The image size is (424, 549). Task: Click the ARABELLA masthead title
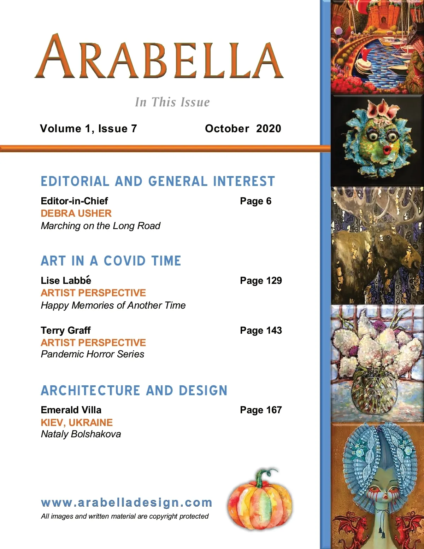click(x=159, y=57)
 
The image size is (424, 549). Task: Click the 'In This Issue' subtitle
click(x=172, y=102)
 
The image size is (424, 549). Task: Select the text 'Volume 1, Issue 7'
click(x=88, y=128)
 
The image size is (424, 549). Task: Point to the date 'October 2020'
click(x=243, y=128)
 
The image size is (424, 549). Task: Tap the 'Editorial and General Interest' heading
click(x=158, y=181)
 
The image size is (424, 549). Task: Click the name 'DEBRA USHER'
click(x=76, y=213)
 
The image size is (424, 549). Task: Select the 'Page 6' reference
click(x=255, y=201)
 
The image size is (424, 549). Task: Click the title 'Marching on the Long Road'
click(x=100, y=226)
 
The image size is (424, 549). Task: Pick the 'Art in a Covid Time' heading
click(x=111, y=261)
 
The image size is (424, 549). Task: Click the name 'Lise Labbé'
click(x=66, y=280)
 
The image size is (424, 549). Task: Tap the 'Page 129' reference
click(x=261, y=280)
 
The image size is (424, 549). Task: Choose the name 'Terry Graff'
click(x=66, y=330)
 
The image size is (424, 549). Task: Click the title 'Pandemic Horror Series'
click(x=93, y=354)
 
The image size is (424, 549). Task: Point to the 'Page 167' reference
click(x=261, y=410)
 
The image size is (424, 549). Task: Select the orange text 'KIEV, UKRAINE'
click(x=77, y=422)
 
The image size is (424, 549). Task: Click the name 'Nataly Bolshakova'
click(x=81, y=434)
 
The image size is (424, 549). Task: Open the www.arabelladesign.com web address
click(x=126, y=502)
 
